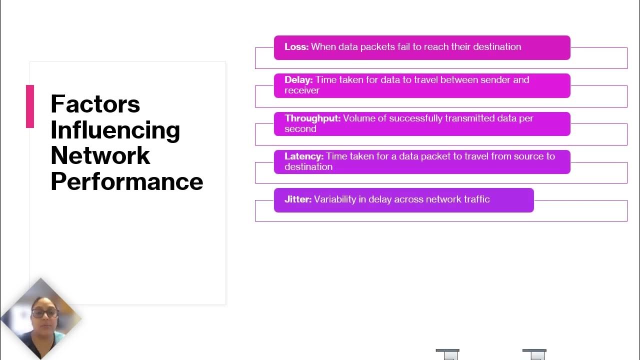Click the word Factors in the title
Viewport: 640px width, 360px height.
click(x=95, y=104)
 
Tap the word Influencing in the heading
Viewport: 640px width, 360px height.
click(x=115, y=130)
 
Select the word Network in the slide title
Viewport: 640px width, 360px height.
click(x=100, y=155)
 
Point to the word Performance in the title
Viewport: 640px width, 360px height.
click(x=126, y=181)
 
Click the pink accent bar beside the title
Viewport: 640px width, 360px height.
click(x=30, y=106)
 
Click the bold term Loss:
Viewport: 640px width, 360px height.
click(x=296, y=47)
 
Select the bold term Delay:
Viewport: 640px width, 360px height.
click(x=298, y=80)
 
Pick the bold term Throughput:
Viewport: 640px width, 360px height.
click(x=312, y=118)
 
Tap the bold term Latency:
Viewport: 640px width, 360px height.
click(x=304, y=156)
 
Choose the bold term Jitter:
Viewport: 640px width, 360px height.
click(x=298, y=199)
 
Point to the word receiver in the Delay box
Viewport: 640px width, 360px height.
click(x=302, y=90)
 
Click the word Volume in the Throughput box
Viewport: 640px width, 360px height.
click(x=358, y=118)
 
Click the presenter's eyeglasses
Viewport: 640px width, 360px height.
click(x=45, y=313)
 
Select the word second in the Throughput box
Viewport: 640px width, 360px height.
click(x=300, y=129)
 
